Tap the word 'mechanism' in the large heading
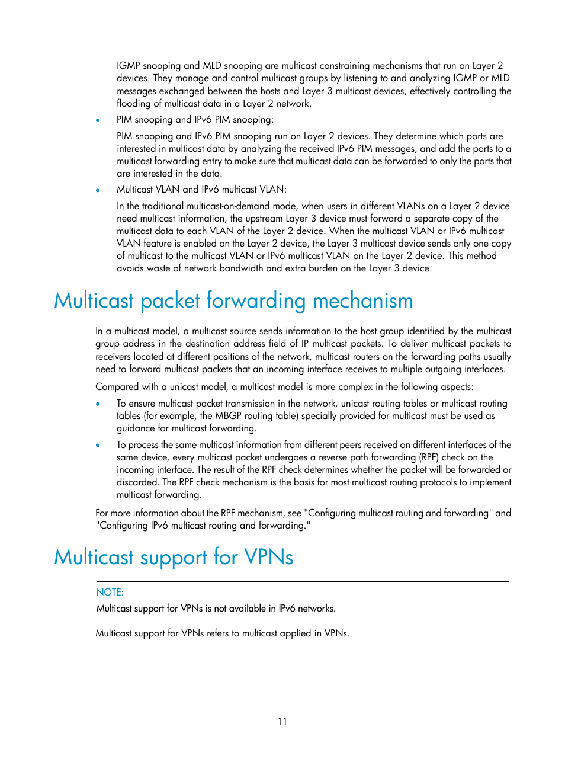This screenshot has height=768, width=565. coord(362,301)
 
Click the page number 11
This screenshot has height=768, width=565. coord(282,722)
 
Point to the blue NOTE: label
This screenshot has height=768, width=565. coord(110,592)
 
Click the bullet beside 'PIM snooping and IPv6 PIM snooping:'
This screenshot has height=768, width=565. coord(98,120)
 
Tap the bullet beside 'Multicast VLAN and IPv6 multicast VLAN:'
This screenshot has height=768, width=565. coord(98,190)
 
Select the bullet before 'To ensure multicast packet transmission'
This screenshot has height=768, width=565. coord(98,404)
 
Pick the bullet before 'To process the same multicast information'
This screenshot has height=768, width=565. coord(98,446)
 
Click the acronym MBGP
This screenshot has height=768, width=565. coord(228,416)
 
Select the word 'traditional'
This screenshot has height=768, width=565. coord(163,206)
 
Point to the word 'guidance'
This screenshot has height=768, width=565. coord(135,428)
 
